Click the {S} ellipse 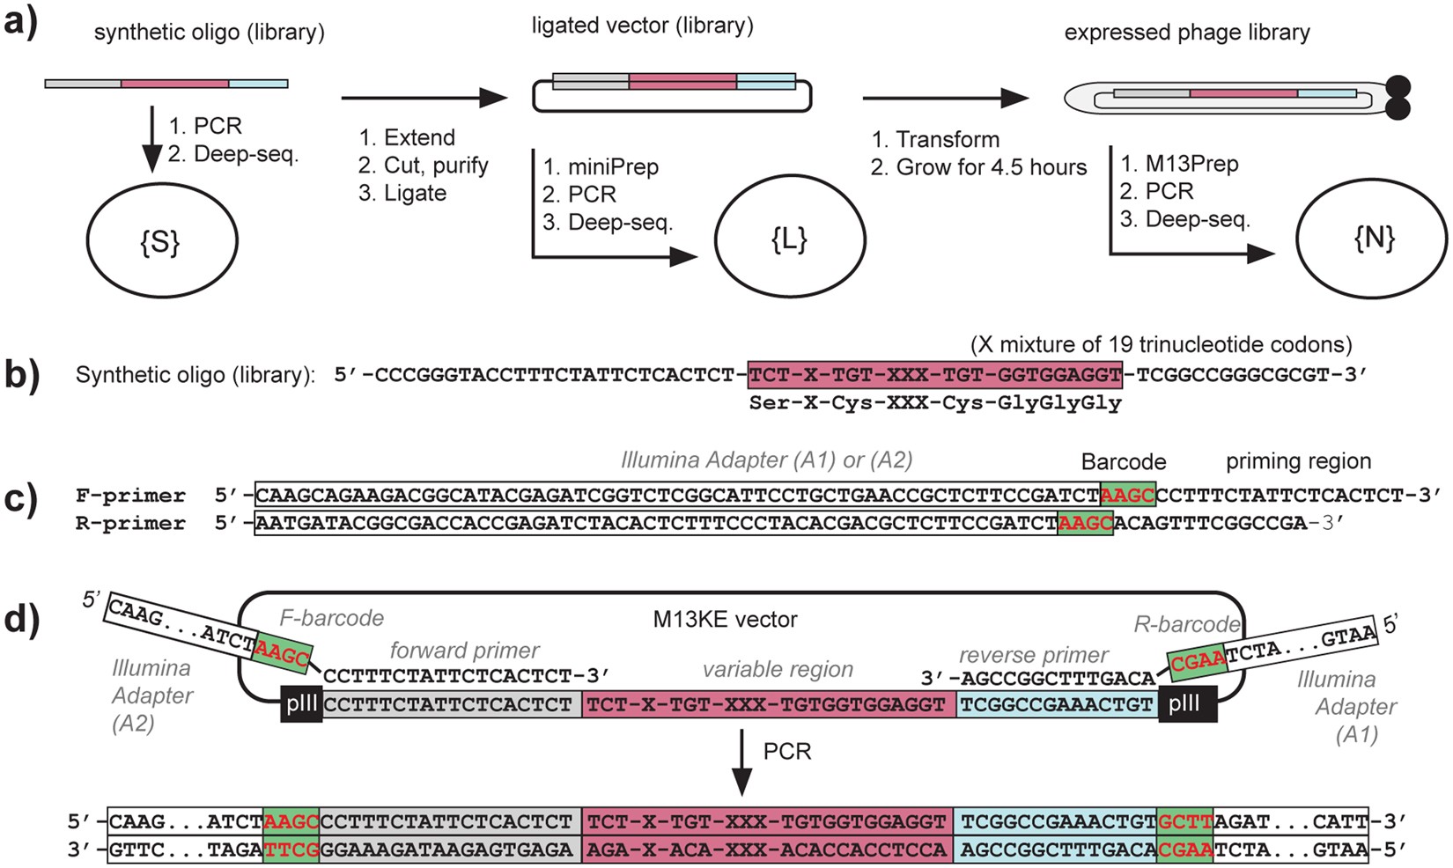click(161, 240)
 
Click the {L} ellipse click(790, 239)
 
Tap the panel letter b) click(22, 374)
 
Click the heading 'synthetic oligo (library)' click(209, 33)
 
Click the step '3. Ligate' click(402, 193)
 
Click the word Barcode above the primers click(1123, 461)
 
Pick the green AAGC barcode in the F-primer click(1127, 495)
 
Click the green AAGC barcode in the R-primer click(1085, 523)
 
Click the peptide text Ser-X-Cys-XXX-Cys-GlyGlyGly click(935, 403)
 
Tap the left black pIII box click(300, 704)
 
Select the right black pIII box click(1187, 704)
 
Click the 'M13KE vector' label click(725, 619)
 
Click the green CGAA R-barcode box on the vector click(1197, 660)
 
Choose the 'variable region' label click(778, 669)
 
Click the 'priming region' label click(1298, 460)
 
